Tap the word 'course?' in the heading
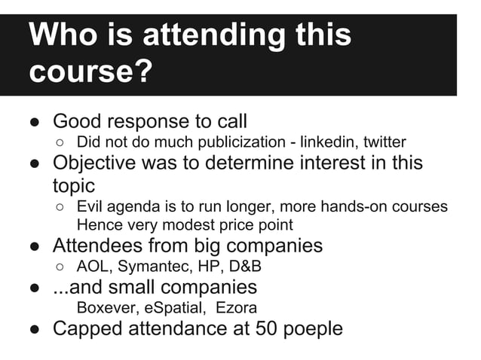(90, 73)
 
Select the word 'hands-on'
(344, 206)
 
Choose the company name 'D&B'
(240, 266)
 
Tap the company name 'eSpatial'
(173, 307)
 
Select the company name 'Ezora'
(235, 307)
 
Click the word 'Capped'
(90, 329)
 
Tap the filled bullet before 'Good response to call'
(35, 122)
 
